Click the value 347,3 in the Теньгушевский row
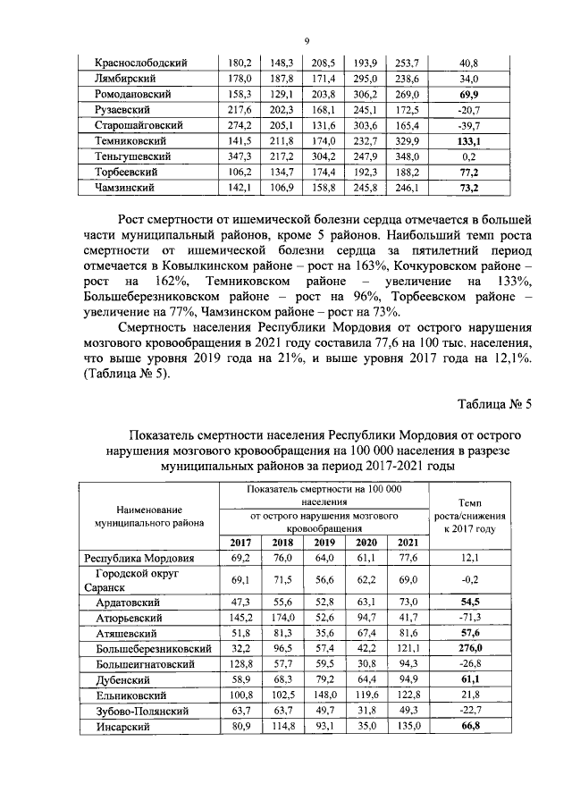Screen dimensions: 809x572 click(x=238, y=156)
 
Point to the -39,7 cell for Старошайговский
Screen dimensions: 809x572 click(x=467, y=126)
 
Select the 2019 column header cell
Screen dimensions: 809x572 click(x=324, y=544)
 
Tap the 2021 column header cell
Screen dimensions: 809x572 click(x=407, y=544)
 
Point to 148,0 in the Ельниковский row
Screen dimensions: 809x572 click(x=324, y=696)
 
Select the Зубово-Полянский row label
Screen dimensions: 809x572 click(x=142, y=712)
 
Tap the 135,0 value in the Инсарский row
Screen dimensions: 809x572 click(x=407, y=729)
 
